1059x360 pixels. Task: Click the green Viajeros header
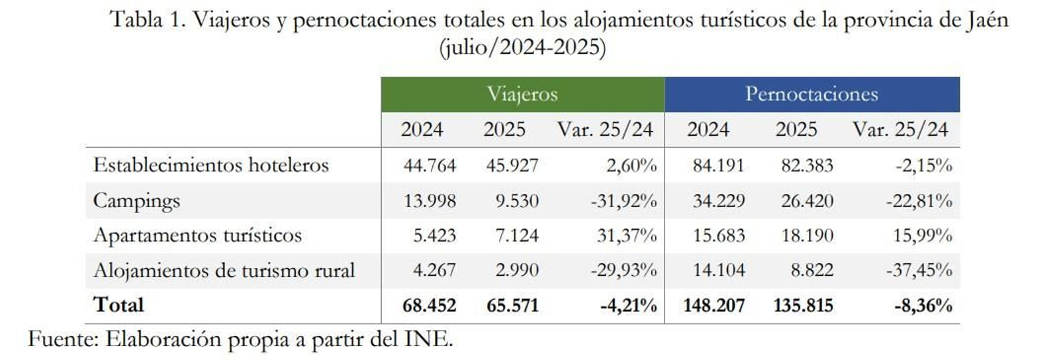(x=522, y=95)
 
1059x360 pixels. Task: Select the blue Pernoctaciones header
(x=811, y=95)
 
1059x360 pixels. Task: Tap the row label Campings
(x=136, y=201)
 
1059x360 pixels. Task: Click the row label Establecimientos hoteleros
(x=210, y=165)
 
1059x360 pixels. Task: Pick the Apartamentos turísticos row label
(x=197, y=236)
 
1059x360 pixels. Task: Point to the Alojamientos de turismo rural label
(x=224, y=271)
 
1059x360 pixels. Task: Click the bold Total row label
(x=118, y=305)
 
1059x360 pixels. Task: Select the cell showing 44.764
(x=430, y=165)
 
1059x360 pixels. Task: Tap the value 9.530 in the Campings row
(x=517, y=201)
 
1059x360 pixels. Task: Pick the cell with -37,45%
(x=919, y=271)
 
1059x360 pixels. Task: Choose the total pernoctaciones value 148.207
(x=714, y=306)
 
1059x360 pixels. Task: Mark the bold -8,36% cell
(x=923, y=306)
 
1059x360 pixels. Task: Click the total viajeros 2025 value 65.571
(x=512, y=306)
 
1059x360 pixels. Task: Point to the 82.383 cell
(x=807, y=165)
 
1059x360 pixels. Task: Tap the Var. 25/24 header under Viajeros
(x=605, y=130)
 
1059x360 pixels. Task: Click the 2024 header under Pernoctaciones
(x=708, y=130)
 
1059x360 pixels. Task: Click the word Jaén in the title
(x=986, y=20)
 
